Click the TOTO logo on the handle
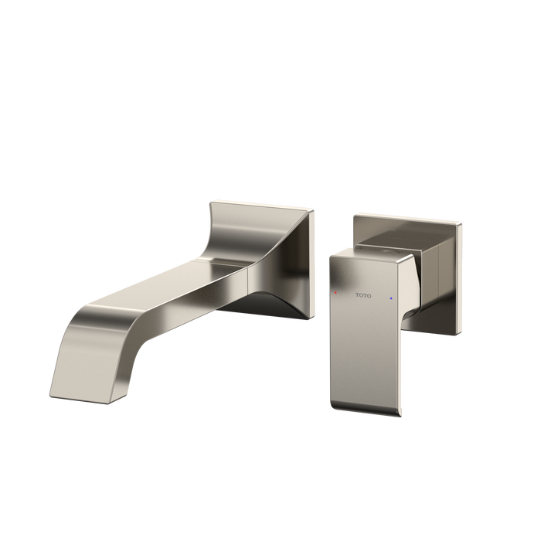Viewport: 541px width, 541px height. tap(363, 295)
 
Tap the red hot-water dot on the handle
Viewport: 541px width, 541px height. tap(335, 293)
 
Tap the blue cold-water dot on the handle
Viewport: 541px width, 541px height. tap(391, 298)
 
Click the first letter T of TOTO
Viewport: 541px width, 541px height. tap(357, 295)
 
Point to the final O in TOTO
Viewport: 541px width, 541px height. tap(369, 296)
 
